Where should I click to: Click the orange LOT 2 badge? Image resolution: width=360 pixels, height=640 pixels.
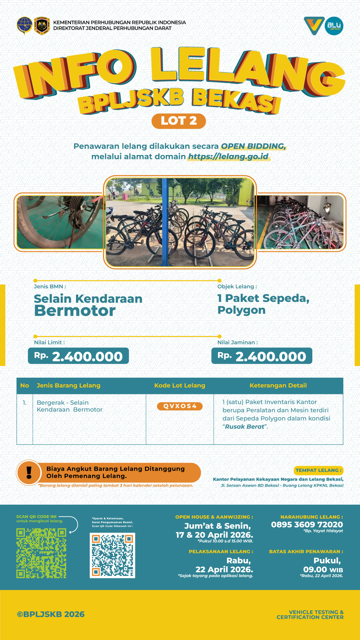[179, 121]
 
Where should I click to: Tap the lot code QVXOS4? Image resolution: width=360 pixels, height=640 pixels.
[180, 406]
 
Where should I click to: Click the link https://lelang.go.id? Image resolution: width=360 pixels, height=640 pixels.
[228, 157]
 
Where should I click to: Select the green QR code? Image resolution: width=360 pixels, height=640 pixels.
[41, 553]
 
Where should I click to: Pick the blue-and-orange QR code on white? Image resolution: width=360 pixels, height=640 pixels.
[112, 555]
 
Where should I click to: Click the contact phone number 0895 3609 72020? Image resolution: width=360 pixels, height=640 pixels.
[307, 525]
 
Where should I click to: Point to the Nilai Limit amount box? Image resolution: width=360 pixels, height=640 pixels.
[78, 356]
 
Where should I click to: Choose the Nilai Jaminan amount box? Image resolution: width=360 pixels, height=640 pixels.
[262, 356]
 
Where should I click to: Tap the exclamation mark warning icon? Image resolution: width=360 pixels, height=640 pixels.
[29, 472]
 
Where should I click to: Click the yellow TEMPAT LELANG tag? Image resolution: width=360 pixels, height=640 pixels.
[318, 470]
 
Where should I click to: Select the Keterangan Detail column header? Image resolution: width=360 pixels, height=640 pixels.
[278, 385]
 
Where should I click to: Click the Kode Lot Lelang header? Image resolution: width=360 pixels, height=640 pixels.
[180, 385]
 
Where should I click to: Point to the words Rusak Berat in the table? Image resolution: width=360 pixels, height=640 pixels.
[245, 427]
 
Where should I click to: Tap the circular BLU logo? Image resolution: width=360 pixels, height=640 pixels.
[334, 26]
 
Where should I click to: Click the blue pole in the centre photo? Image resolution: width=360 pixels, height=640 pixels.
[164, 222]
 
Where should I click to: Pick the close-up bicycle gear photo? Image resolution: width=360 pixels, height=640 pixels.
[60, 222]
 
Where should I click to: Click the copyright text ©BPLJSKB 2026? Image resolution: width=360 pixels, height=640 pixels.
[51, 614]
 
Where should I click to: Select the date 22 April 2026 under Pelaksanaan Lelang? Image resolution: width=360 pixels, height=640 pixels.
[224, 569]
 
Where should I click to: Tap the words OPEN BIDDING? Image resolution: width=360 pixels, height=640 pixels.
[253, 146]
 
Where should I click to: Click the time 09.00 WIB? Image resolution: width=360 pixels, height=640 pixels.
[323, 569]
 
